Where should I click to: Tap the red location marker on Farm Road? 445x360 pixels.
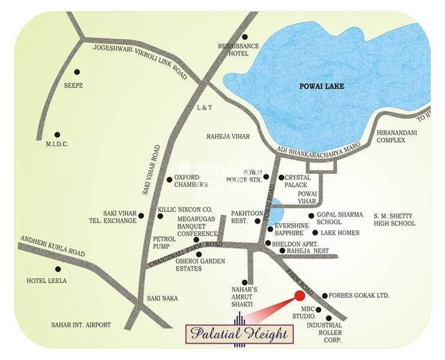click(x=299, y=295)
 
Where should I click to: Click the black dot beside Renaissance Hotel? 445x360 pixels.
click(x=245, y=37)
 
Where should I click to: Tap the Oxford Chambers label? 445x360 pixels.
click(x=191, y=181)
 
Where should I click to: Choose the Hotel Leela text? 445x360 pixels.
click(x=47, y=280)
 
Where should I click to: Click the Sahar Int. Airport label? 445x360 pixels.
click(x=81, y=325)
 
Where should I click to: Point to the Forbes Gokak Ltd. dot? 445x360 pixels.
click(x=324, y=296)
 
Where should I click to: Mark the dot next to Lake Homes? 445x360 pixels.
click(x=315, y=233)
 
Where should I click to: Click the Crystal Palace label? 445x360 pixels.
click(x=297, y=181)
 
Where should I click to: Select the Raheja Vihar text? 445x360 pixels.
click(x=228, y=137)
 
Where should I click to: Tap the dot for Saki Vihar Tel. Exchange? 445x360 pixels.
click(x=142, y=215)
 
